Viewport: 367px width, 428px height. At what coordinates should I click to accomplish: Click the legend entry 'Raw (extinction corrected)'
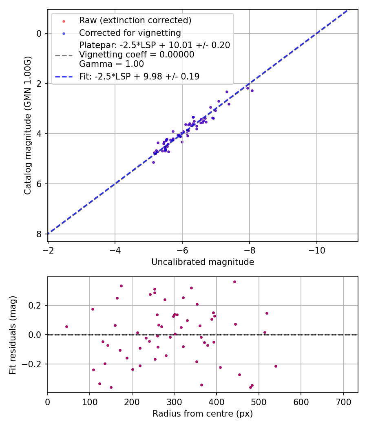point(135,20)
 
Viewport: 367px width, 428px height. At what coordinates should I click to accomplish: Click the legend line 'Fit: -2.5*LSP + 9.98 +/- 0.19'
point(139,77)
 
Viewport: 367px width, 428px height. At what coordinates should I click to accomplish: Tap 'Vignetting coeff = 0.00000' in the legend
point(137,55)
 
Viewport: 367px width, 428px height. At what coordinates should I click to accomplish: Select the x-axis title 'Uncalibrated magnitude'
point(203,262)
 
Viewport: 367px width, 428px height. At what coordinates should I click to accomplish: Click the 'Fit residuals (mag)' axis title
point(13,335)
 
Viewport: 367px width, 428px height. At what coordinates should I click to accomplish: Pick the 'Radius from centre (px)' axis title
point(203,414)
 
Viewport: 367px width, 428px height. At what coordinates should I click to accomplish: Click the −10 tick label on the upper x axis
point(316,250)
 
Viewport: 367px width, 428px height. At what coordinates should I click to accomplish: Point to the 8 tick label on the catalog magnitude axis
point(39,234)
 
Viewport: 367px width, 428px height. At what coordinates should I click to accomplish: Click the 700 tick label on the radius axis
point(343,402)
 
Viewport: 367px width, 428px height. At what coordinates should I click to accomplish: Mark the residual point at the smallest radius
point(66,327)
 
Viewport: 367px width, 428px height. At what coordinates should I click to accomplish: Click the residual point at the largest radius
point(276,366)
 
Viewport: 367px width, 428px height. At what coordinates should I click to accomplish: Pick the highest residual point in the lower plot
point(234,282)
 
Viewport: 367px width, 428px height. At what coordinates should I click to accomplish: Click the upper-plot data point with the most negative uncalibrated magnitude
point(252,90)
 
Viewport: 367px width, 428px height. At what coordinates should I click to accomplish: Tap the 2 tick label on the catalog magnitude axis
point(39,84)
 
